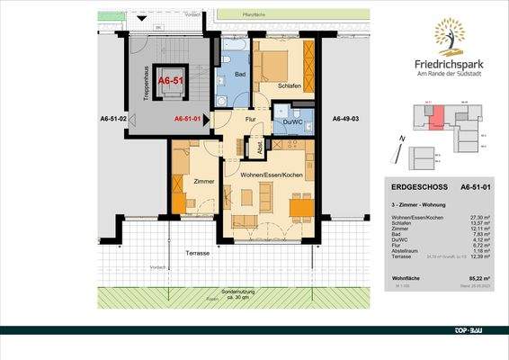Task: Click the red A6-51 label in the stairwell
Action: [169, 80]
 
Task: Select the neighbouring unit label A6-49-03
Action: [345, 119]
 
